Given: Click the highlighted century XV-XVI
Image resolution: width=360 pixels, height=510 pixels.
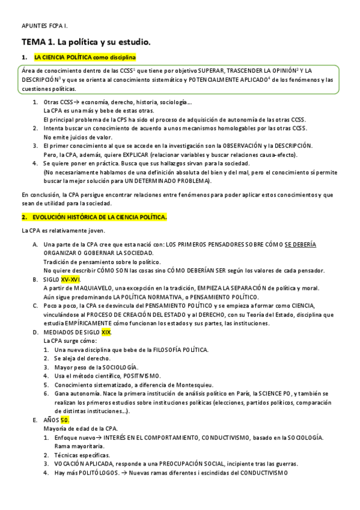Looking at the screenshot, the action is (70, 280).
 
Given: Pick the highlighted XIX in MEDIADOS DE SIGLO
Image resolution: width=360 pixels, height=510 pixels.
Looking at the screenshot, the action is (106, 332).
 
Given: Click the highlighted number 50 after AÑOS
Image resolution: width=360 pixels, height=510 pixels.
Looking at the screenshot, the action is (66, 420).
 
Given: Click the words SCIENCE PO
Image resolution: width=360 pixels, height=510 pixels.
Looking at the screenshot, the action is (273, 394).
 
